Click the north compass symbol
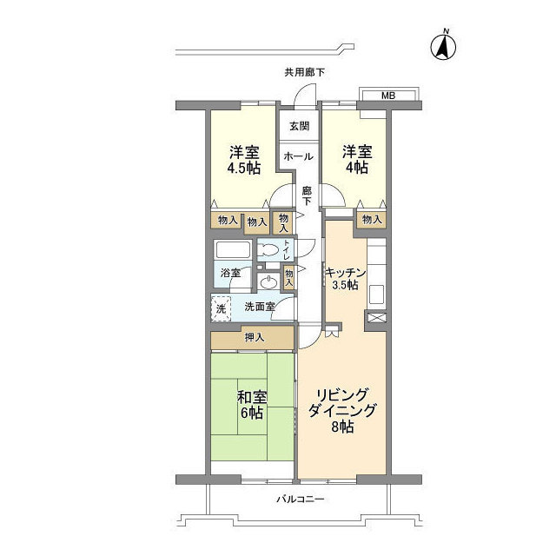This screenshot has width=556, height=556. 443,46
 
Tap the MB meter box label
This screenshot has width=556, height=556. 388,96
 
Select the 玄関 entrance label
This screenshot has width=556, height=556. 299,125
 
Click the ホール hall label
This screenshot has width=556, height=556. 298,156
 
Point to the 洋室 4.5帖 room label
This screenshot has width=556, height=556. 243,160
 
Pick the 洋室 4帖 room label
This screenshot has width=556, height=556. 357,160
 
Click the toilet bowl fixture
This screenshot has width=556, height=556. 268,251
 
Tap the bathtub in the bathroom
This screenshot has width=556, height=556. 233,250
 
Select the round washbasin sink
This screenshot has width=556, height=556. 268,282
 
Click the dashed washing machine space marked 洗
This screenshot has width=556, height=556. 222,309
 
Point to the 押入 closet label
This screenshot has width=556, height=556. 255,338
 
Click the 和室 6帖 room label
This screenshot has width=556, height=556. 251,405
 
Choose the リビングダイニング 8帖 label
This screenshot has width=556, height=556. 341,411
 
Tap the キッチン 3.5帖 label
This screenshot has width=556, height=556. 345,279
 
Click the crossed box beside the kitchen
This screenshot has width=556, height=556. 377,317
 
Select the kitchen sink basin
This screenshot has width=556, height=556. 377,295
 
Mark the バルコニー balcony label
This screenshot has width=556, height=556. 300,500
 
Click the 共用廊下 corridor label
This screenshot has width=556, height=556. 305,72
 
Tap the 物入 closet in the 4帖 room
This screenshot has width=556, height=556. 372,220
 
